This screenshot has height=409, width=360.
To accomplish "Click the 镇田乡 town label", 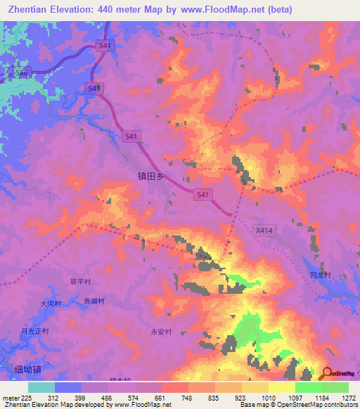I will click(x=148, y=178).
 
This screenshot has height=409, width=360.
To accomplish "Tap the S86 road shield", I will click(x=22, y=72).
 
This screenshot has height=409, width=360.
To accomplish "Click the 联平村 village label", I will click(x=81, y=280).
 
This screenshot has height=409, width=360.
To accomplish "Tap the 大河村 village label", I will click(x=51, y=304).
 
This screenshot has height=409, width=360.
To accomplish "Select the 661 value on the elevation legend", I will click(x=161, y=398).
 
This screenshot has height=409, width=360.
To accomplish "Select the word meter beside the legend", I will click(x=10, y=398).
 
